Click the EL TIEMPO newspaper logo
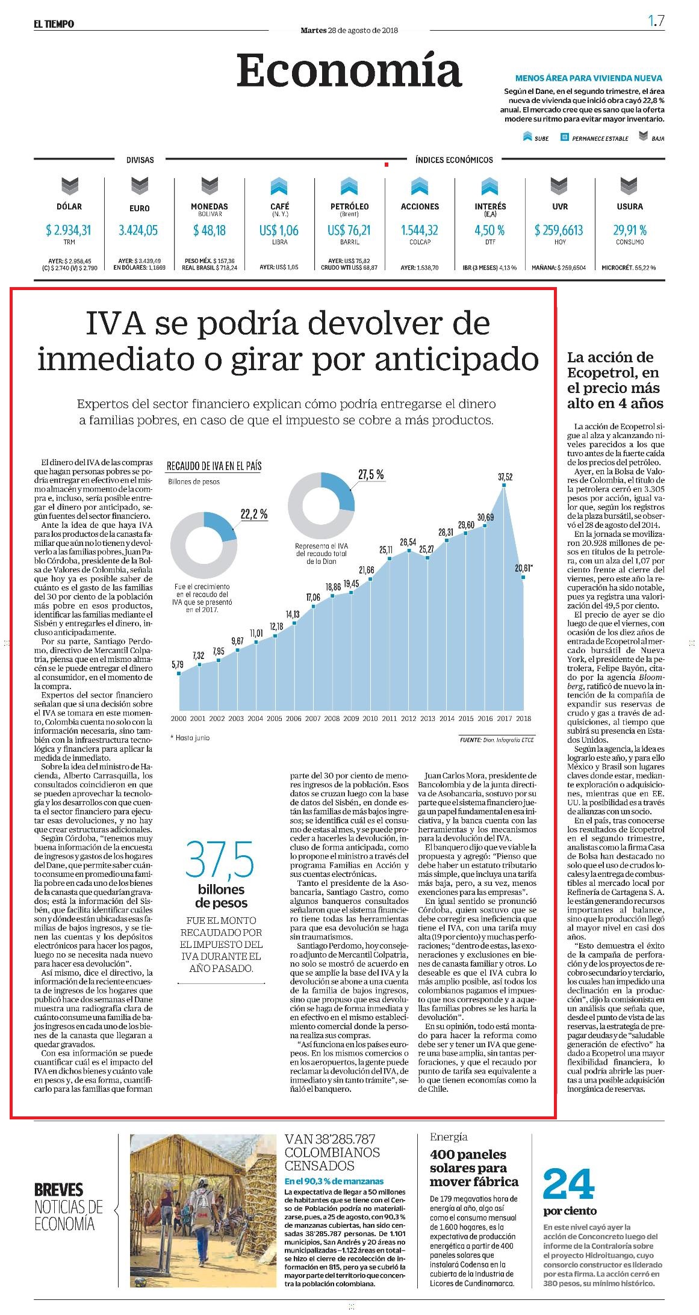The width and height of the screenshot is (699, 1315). click(54, 24)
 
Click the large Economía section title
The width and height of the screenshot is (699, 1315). click(349, 71)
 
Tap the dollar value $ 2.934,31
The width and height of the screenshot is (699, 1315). click(69, 230)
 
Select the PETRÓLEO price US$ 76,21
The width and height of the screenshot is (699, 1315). click(349, 230)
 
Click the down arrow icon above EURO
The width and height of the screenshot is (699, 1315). click(140, 186)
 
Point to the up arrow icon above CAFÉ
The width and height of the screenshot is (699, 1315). click(280, 186)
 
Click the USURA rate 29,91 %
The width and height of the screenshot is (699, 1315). click(630, 230)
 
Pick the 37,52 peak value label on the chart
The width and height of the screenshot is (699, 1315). click(505, 477)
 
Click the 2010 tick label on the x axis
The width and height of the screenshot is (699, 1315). click(370, 719)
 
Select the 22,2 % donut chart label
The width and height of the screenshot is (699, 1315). click(254, 515)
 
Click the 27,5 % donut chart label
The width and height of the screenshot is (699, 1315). click(371, 475)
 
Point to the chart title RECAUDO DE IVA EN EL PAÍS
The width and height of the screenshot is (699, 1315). click(214, 466)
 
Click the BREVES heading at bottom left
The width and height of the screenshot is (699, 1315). click(58, 1190)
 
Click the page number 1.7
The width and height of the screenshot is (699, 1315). click(656, 21)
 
